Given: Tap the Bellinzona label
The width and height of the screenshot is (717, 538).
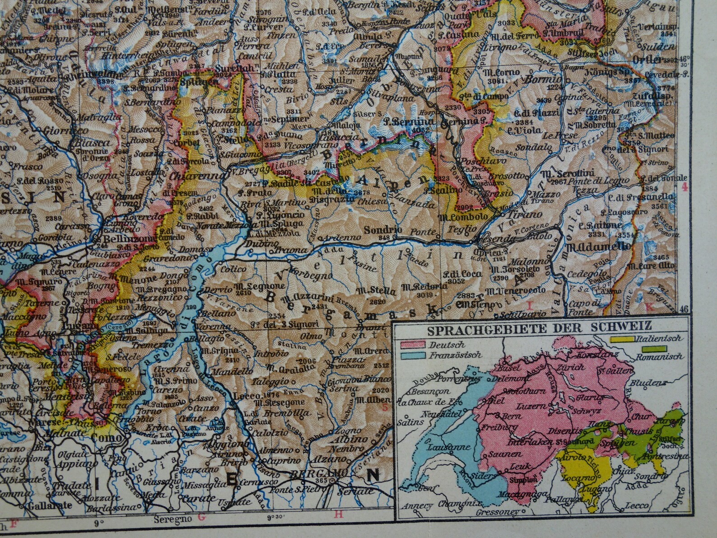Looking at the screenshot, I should coord(128,238).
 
